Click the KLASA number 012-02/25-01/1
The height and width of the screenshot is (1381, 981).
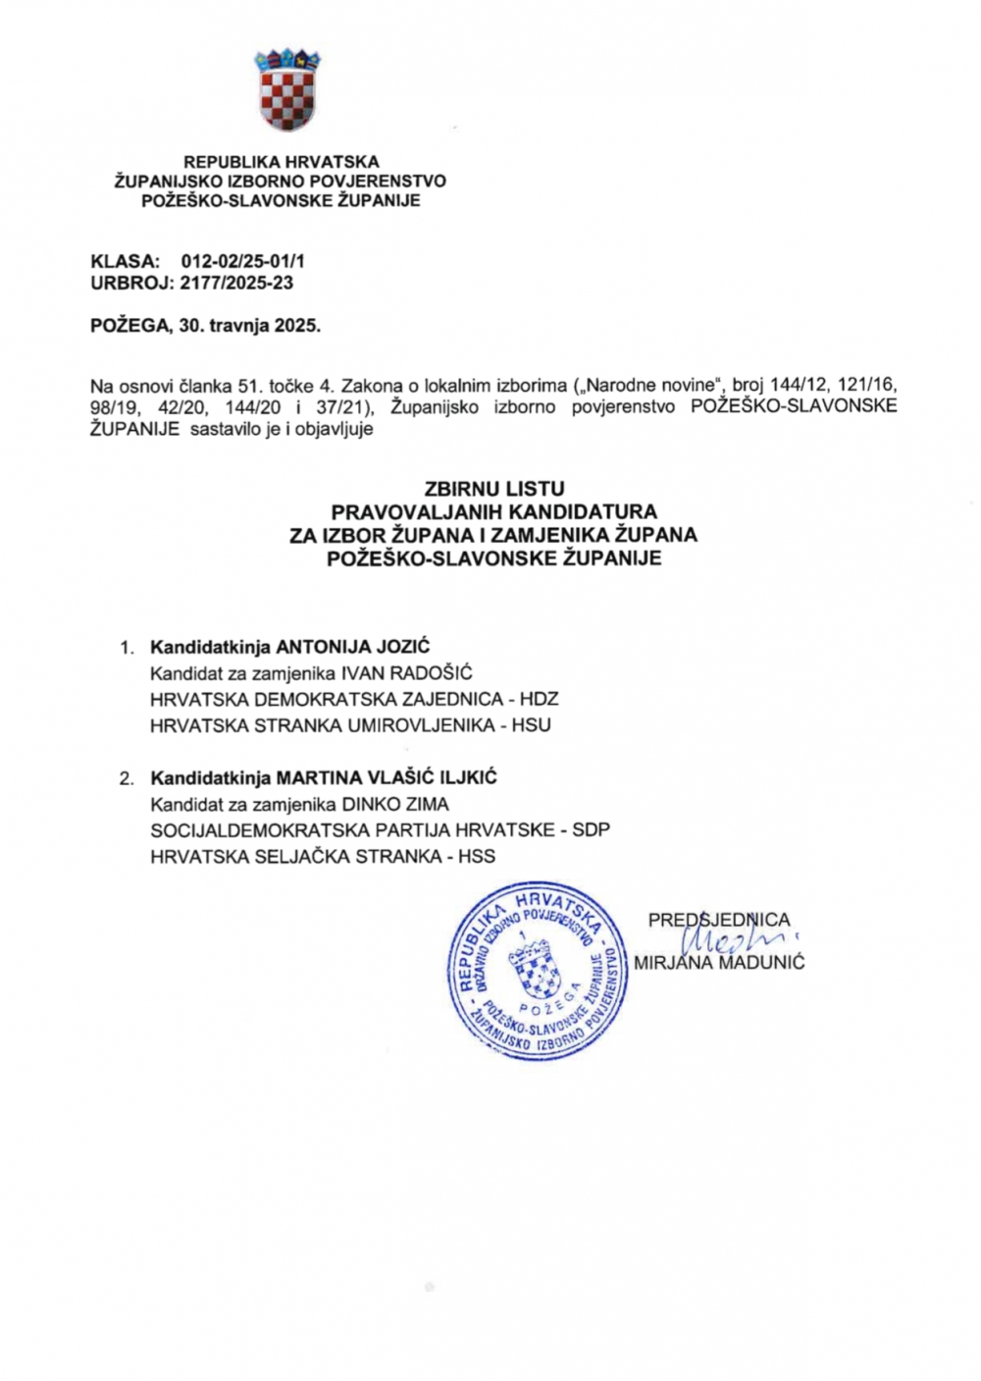click(x=243, y=262)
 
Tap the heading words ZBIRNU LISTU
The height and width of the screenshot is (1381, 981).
click(x=494, y=489)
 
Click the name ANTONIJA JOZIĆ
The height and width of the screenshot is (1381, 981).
click(x=353, y=648)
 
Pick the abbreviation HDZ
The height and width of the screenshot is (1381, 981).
click(x=539, y=700)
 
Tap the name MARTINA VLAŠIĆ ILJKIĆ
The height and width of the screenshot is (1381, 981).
click(x=387, y=778)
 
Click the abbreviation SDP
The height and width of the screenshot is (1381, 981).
click(x=591, y=829)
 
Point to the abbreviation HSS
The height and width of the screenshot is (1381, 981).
click(x=476, y=856)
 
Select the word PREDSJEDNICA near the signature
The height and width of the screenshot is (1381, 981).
click(x=718, y=921)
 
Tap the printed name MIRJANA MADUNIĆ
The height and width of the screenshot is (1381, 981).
click(x=719, y=963)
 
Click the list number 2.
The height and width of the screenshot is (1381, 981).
click(x=127, y=779)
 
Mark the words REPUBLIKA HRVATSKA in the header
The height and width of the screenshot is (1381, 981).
click(x=282, y=162)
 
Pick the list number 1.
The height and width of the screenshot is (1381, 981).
click(x=126, y=649)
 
